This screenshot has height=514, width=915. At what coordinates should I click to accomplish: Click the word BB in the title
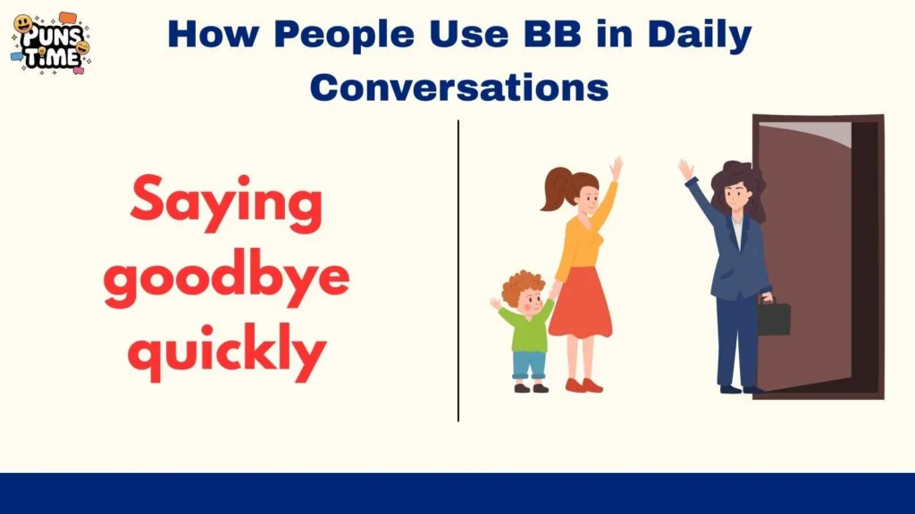point(555,35)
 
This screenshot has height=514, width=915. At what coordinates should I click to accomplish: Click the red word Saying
point(226,202)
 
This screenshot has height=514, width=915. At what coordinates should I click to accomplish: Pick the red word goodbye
point(226,278)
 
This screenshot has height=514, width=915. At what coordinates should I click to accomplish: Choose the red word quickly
point(226,353)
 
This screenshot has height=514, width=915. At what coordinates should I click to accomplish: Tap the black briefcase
point(773,318)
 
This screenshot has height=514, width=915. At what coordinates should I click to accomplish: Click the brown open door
point(804,259)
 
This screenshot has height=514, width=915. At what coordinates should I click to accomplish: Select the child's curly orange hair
point(523,287)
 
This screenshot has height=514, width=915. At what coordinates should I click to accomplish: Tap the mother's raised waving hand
point(616,168)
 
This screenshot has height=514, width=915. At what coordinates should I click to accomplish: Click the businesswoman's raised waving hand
point(685,170)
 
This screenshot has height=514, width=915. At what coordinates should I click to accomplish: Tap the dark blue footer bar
point(457,493)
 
